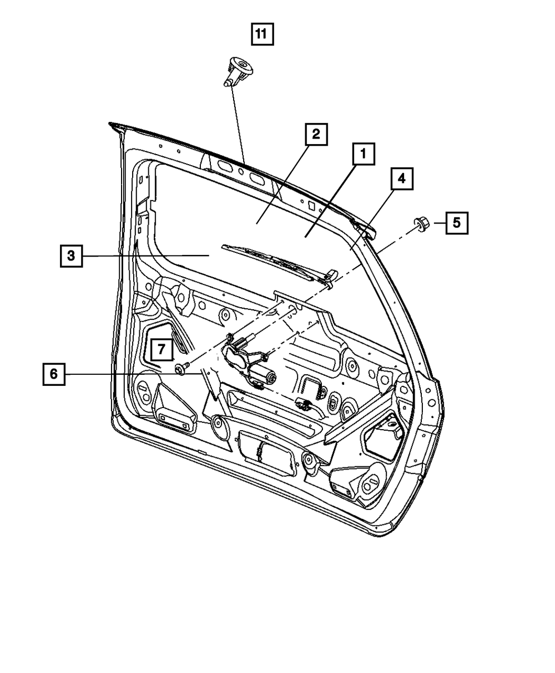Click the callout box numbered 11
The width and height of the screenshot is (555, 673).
click(x=261, y=35)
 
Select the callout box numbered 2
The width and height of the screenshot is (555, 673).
click(x=315, y=135)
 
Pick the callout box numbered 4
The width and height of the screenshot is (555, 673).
click(x=401, y=179)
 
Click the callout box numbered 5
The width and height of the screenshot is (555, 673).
click(x=456, y=223)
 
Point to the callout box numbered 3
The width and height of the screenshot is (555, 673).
click(x=72, y=256)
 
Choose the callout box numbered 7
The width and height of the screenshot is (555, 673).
click(x=160, y=349)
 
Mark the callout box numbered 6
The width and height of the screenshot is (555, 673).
click(x=53, y=374)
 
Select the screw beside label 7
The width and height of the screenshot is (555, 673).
click(x=181, y=368)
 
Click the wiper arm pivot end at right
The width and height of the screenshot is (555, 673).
click(x=331, y=276)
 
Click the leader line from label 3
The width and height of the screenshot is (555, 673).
click(x=144, y=256)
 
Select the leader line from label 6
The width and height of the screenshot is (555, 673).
click(x=133, y=374)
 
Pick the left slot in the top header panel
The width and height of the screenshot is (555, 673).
click(x=225, y=166)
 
